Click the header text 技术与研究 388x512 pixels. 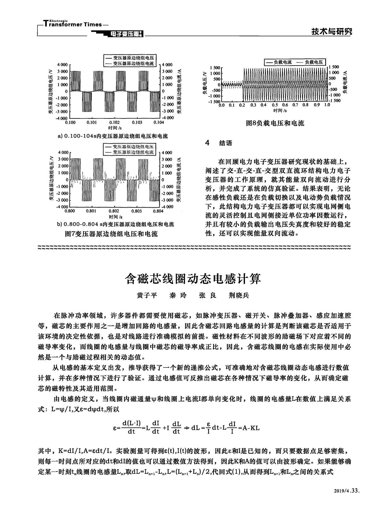[x=331, y=32]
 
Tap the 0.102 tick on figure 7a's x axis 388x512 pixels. [x=114, y=123]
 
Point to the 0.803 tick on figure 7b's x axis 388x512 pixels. [x=137, y=211]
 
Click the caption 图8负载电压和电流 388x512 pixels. [x=275, y=123]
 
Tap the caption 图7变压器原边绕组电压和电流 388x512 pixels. [x=111, y=233]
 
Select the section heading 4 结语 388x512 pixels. [x=219, y=143]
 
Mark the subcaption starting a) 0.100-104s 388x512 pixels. [x=112, y=136]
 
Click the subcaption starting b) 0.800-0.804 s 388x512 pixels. [x=115, y=224]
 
